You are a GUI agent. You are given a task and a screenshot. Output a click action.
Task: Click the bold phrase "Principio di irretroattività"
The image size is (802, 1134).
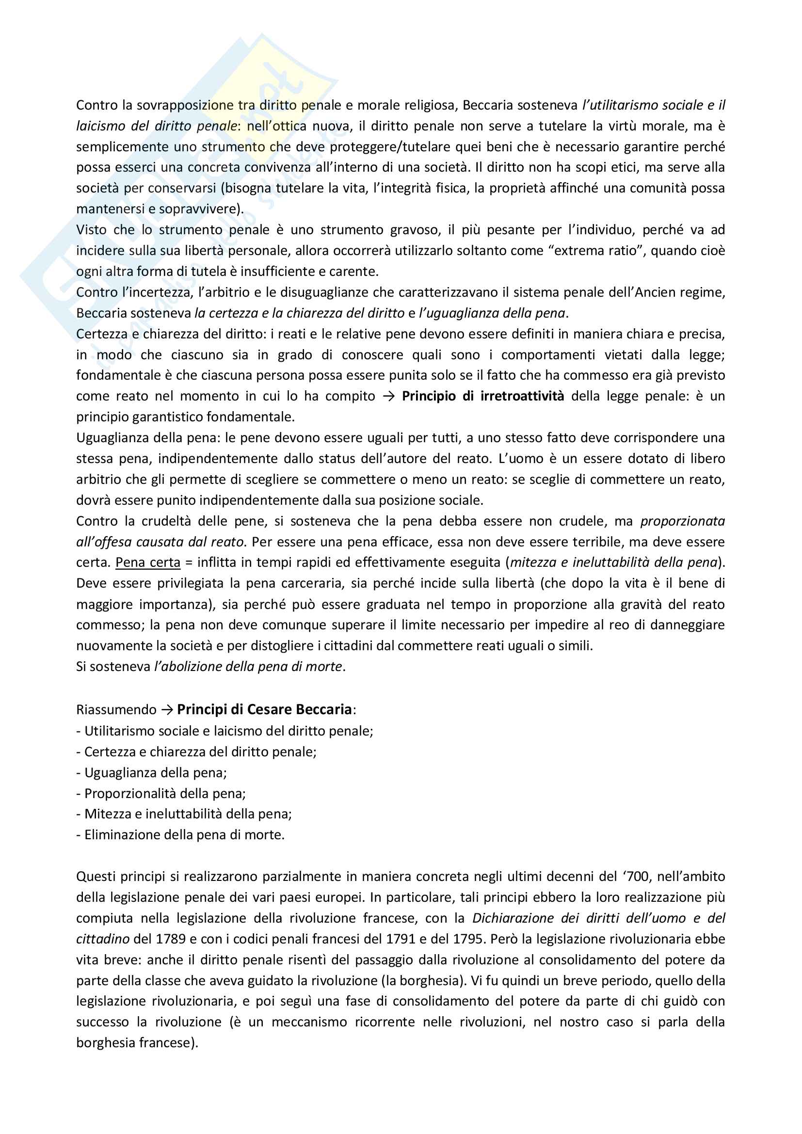click(x=482, y=396)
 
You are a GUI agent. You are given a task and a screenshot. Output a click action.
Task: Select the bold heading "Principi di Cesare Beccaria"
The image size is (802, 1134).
click(x=264, y=709)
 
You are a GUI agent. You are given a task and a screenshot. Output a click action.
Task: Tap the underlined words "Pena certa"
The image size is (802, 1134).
click(x=148, y=562)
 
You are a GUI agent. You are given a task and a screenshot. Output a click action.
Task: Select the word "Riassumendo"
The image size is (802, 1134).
click(x=116, y=710)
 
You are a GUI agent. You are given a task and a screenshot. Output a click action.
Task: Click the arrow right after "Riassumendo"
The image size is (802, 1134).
click(x=167, y=710)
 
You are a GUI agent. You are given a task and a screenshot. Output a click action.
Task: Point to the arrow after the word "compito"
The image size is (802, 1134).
click(x=389, y=396)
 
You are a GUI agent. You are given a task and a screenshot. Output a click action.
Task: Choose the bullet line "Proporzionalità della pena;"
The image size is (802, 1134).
click(x=165, y=793)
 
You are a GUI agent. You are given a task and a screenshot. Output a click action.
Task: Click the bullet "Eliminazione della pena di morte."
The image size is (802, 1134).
click(x=184, y=835)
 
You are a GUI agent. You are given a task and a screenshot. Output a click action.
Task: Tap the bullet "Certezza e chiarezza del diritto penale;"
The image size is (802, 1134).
click(x=200, y=752)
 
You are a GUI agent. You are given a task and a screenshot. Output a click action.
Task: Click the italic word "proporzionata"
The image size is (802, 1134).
click(x=683, y=521)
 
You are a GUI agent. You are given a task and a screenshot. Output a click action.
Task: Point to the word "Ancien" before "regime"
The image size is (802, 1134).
click(x=655, y=292)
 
